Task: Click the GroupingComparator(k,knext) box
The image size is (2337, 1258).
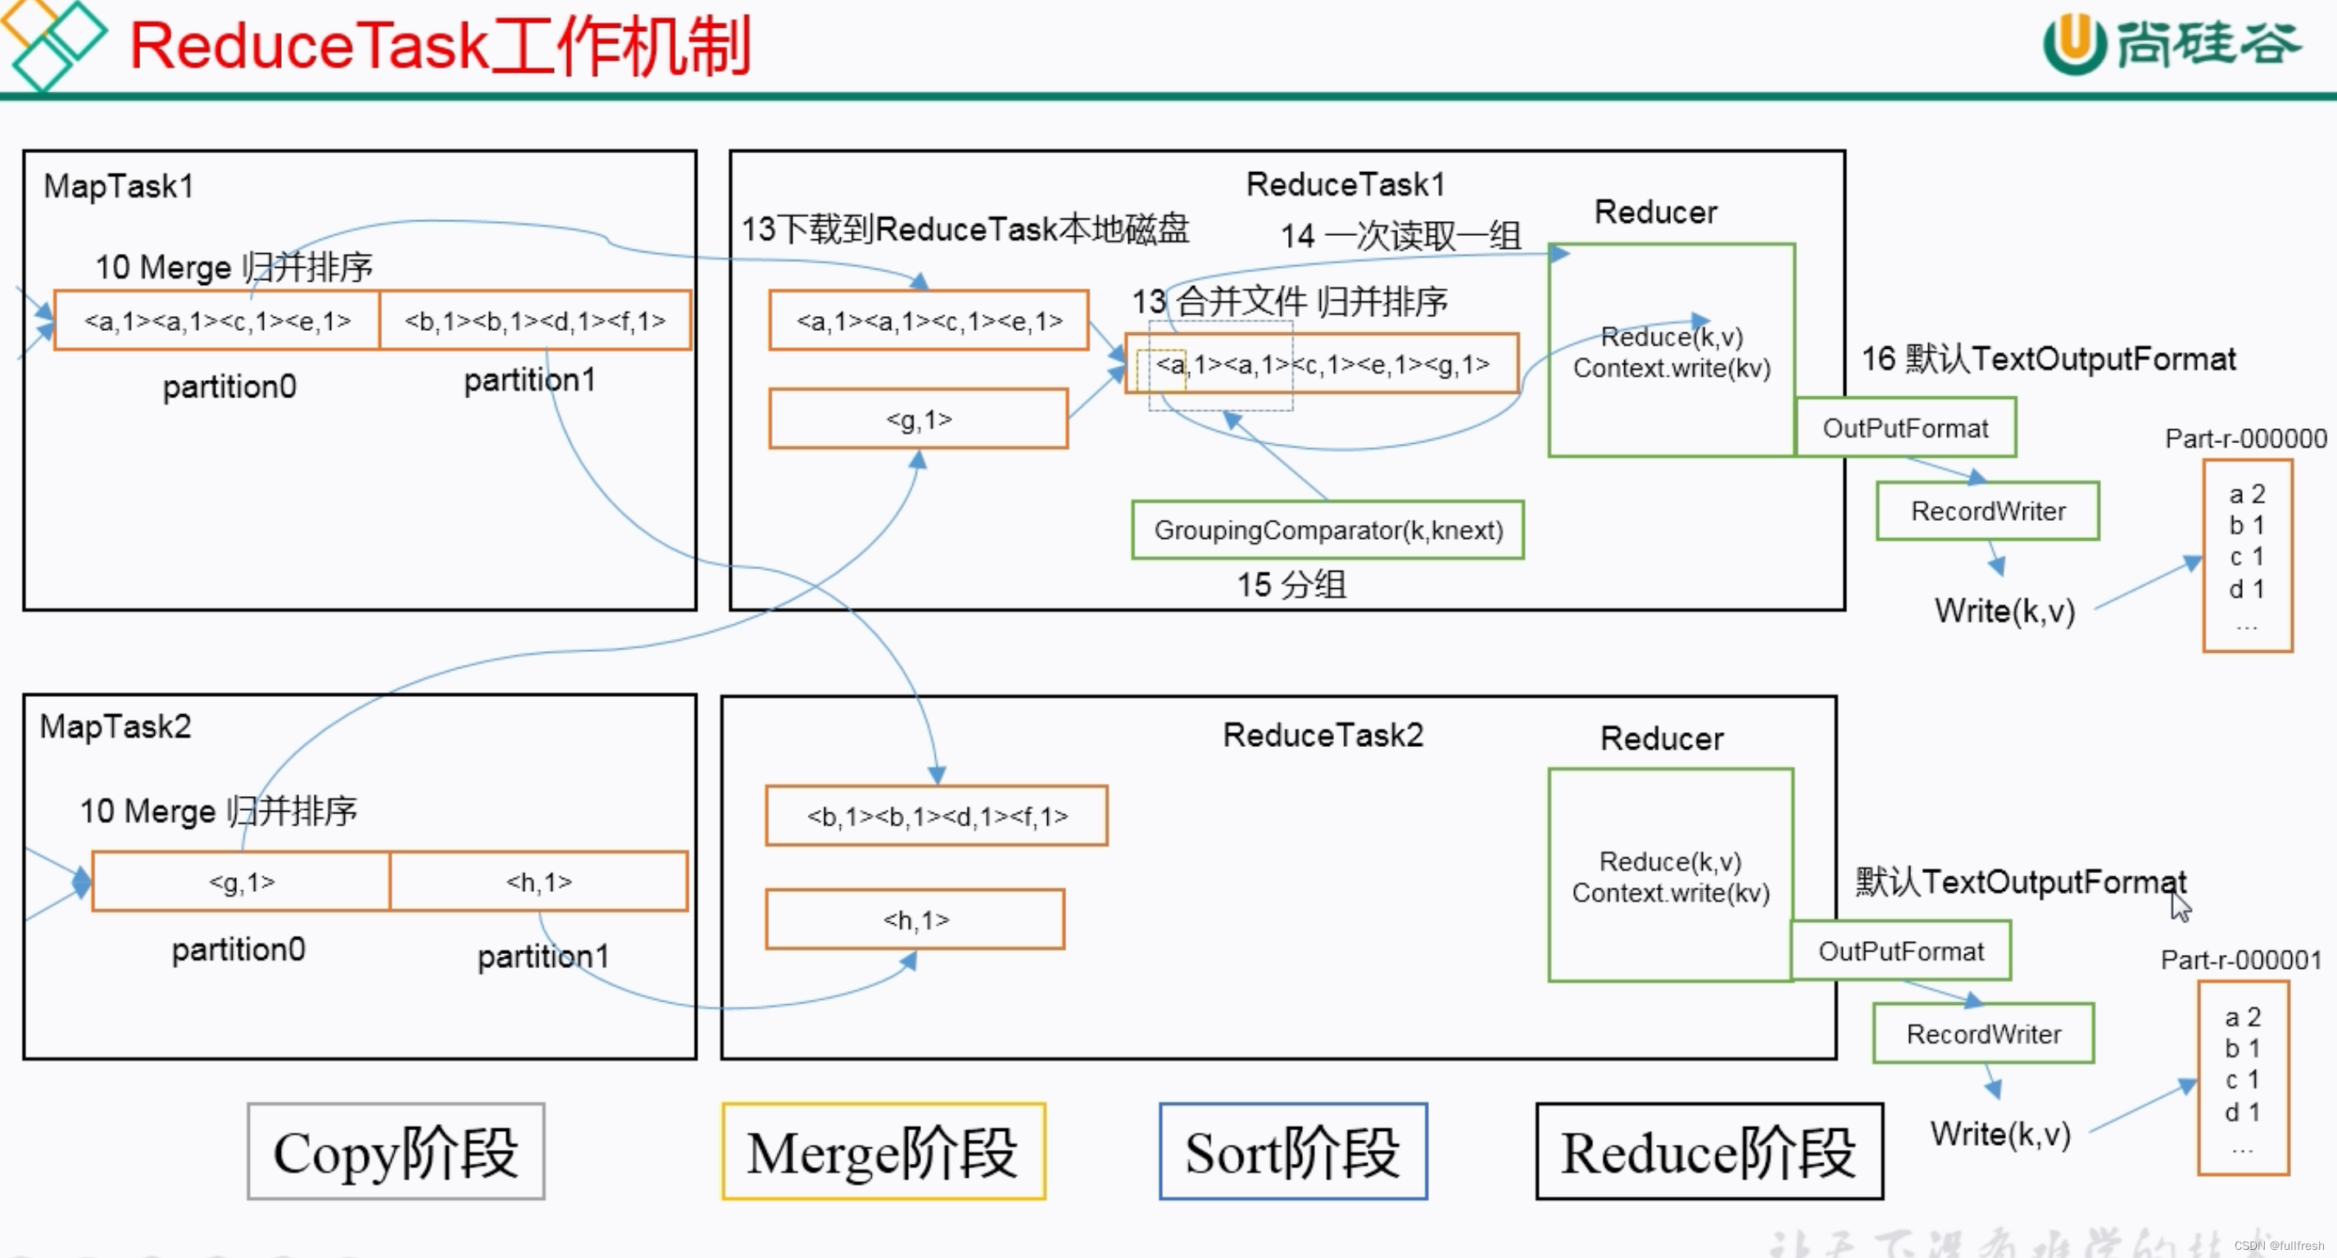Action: [1327, 530]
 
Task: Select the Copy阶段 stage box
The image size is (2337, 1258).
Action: [396, 1152]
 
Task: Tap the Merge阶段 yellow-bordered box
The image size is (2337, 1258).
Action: [883, 1152]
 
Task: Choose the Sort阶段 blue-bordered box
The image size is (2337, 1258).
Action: [1293, 1152]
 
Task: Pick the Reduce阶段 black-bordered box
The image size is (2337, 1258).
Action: [1709, 1152]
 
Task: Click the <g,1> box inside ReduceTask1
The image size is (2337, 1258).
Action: [918, 419]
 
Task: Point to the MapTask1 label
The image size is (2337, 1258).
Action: [119, 187]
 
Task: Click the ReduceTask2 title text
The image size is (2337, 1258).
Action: [1323, 735]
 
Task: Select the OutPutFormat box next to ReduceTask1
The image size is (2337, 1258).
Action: [1905, 428]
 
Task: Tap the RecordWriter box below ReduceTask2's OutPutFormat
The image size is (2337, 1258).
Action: [1983, 1034]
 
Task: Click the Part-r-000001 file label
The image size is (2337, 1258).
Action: [2241, 960]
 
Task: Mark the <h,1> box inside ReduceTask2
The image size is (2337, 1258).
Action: [914, 920]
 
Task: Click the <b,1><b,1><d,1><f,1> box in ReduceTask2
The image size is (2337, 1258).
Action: [937, 817]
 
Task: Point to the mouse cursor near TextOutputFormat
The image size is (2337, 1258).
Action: [2179, 905]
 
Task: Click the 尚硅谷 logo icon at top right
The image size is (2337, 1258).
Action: [2074, 43]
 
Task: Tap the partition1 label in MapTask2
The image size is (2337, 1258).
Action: [542, 956]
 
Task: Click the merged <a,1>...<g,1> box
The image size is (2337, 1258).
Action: [1321, 364]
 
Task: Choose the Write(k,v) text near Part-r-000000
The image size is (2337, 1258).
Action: [2004, 611]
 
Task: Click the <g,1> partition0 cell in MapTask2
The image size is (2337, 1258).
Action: [241, 881]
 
